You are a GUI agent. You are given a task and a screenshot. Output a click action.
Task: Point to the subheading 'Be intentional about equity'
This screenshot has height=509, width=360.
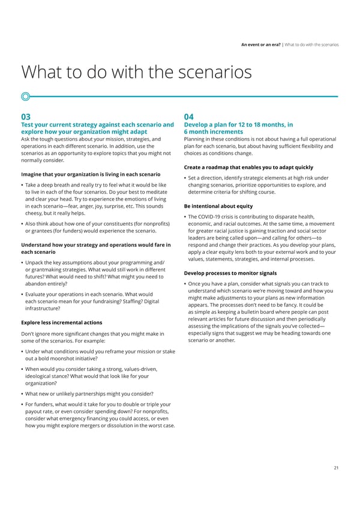tap(223, 205)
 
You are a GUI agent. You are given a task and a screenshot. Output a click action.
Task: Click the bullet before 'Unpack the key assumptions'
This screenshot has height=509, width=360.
tap(22, 263)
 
